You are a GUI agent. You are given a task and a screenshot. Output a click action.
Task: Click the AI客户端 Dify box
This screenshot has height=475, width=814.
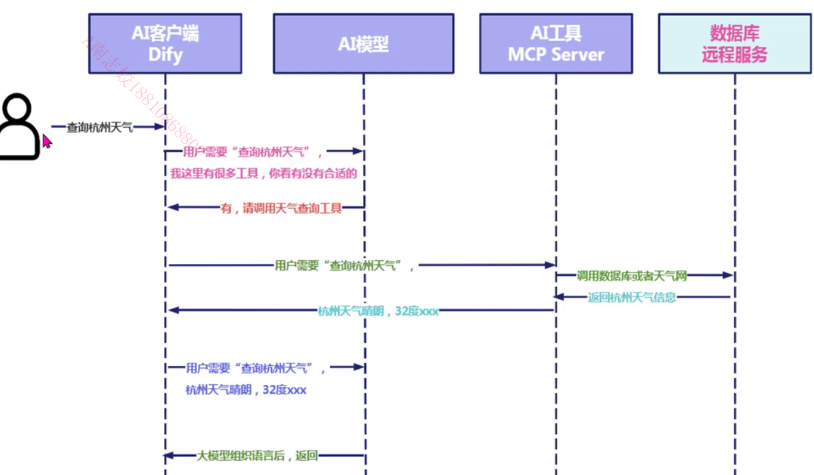click(x=165, y=44)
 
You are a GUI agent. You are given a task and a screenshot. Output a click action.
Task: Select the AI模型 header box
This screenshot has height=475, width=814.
click(x=363, y=44)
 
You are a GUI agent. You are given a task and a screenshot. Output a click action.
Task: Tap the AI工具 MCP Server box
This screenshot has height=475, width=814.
click(x=556, y=44)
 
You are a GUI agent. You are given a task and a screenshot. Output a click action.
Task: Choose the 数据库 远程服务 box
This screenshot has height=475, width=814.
click(x=734, y=44)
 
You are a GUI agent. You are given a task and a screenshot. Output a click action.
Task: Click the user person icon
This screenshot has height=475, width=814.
click(x=18, y=126)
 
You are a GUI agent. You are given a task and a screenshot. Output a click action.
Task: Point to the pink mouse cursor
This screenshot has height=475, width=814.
click(x=46, y=141)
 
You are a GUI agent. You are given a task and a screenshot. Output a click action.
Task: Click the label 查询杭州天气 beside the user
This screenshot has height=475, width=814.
click(x=99, y=128)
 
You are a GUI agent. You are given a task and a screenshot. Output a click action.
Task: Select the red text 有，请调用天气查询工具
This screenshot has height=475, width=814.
click(x=281, y=208)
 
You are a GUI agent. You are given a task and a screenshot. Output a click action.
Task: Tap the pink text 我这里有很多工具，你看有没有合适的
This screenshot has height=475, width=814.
click(x=263, y=174)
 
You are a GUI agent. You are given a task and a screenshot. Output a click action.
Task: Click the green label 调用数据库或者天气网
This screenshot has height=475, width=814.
click(x=631, y=276)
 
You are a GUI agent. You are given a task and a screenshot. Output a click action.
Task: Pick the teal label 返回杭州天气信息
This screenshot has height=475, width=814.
click(x=632, y=298)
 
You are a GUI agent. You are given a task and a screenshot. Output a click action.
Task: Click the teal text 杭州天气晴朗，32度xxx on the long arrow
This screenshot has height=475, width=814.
click(x=378, y=311)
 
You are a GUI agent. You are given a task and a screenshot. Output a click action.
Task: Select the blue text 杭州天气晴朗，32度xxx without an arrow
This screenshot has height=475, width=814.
click(x=246, y=390)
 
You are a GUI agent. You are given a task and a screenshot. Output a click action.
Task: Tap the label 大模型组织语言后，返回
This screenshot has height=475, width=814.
click(x=257, y=456)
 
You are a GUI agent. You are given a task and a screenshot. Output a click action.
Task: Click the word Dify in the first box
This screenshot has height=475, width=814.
click(x=165, y=55)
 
